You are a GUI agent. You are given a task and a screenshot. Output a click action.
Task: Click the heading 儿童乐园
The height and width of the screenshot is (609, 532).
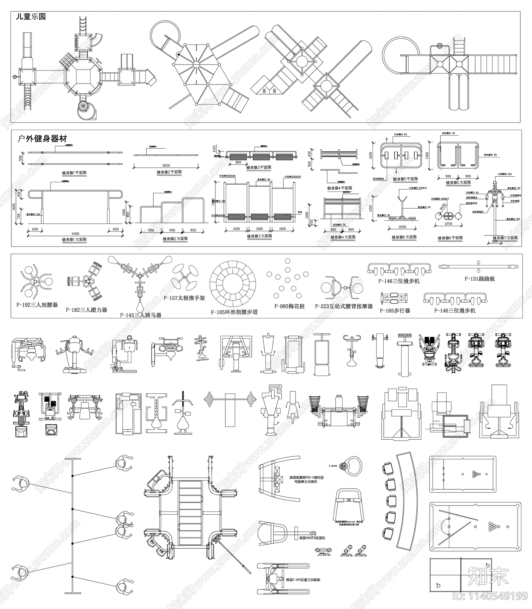click(x=31, y=17)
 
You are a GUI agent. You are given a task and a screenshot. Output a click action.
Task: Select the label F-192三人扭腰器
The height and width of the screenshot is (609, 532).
click(x=37, y=305)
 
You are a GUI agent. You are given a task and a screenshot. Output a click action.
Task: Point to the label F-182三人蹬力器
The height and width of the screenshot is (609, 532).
click(x=86, y=310)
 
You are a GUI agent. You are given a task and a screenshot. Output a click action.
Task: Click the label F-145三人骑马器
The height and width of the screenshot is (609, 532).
click(x=141, y=315)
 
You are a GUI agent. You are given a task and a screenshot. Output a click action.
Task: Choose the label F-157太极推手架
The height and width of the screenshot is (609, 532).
click(x=184, y=298)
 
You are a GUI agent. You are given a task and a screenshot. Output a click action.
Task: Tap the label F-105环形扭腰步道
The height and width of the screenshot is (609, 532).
click(x=234, y=312)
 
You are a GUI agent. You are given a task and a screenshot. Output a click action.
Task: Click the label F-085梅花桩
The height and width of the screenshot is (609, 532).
click(x=289, y=306)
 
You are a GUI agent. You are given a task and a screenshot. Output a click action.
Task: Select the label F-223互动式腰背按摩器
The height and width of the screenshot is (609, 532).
click(x=344, y=306)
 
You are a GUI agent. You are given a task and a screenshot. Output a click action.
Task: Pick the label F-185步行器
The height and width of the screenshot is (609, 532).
click(x=395, y=310)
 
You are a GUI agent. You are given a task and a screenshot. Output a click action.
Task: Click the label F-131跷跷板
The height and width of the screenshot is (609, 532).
click(x=479, y=279)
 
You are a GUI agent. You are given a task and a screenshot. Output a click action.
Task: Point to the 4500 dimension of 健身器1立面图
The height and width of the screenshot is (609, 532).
click(x=75, y=233)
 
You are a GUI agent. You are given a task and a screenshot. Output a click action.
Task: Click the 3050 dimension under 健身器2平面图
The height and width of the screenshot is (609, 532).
click(x=166, y=165)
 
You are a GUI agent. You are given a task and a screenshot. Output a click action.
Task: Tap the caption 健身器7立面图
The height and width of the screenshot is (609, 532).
click(x=505, y=238)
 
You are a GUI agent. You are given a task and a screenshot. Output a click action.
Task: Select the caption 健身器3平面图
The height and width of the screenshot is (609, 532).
click(x=259, y=168)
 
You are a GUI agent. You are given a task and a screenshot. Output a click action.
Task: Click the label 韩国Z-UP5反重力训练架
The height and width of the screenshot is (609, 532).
click(x=303, y=580)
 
